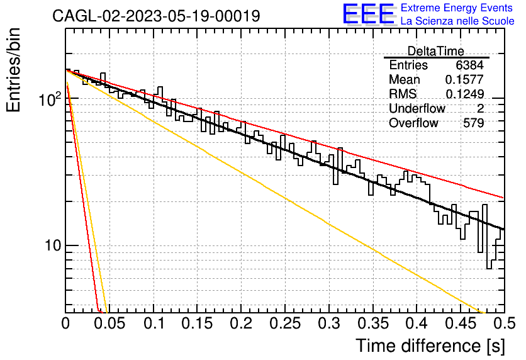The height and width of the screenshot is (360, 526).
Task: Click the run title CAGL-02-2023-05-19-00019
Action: pyautogui.click(x=156, y=16)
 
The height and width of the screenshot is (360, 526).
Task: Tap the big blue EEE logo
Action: pyautogui.click(x=369, y=14)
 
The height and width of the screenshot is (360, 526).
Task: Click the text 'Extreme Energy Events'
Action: pyautogui.click(x=457, y=8)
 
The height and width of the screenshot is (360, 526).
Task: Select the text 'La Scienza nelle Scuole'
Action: pyautogui.click(x=457, y=21)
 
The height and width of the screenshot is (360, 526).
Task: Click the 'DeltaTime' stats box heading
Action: pyautogui.click(x=436, y=51)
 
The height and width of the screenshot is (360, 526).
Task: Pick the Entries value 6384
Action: pyautogui.click(x=469, y=65)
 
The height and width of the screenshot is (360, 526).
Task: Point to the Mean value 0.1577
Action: pyautogui.click(x=464, y=79)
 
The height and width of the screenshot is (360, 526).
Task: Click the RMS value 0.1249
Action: pyautogui.click(x=464, y=94)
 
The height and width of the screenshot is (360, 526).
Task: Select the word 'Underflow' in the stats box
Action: pyautogui.click(x=417, y=108)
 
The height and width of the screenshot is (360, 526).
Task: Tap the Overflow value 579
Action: pyautogui.click(x=473, y=123)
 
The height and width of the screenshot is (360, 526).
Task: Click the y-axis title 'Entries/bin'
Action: pyautogui.click(x=13, y=70)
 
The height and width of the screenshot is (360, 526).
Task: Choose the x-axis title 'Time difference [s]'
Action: pyautogui.click(x=430, y=346)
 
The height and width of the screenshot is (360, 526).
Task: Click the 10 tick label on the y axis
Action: pyautogui.click(x=53, y=246)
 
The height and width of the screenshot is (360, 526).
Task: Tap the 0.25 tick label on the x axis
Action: pyautogui.click(x=285, y=323)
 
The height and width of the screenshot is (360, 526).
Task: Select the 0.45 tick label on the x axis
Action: pyautogui.click(x=461, y=323)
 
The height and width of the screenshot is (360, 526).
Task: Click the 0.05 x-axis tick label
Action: pyautogui.click(x=109, y=323)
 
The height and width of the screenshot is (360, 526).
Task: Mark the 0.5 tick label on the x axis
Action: pyautogui.click(x=504, y=323)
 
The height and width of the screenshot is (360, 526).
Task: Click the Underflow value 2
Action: pyautogui.click(x=480, y=108)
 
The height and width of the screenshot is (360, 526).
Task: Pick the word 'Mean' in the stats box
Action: pyautogui.click(x=404, y=79)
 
